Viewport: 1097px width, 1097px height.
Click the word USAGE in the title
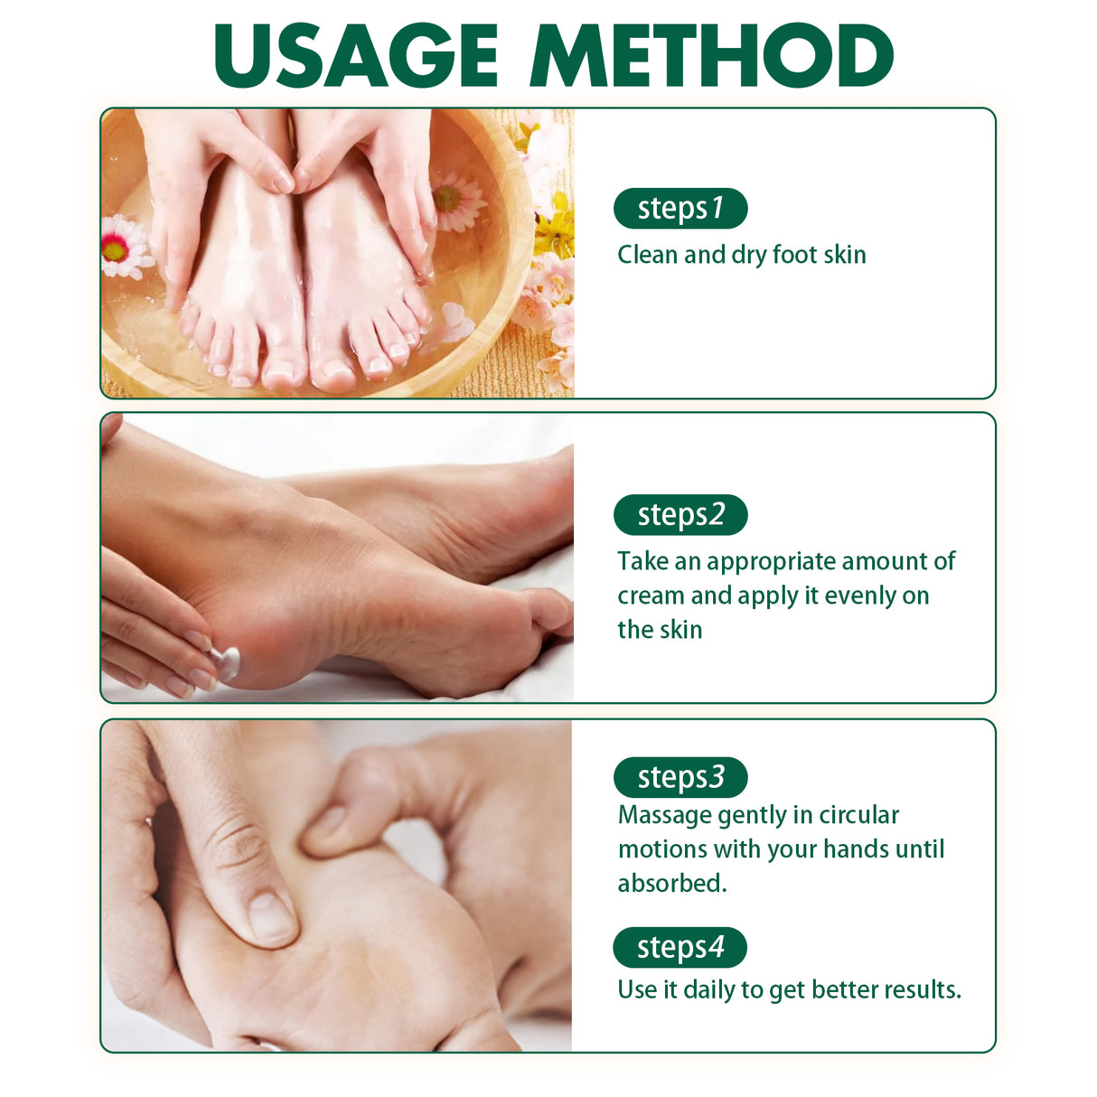pyautogui.click(x=356, y=56)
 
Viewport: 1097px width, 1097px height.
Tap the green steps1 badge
pyautogui.click(x=680, y=209)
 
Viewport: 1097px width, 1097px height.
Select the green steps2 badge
pyautogui.click(x=680, y=515)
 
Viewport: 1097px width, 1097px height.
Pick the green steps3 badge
pyautogui.click(x=680, y=777)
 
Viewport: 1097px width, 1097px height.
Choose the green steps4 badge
pyautogui.click(x=680, y=947)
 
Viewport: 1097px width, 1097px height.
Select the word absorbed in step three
pyautogui.click(x=671, y=884)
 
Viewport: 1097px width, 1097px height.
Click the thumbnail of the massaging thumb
pyautogui.click(x=271, y=915)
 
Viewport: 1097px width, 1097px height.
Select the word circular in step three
pyautogui.click(x=858, y=816)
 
